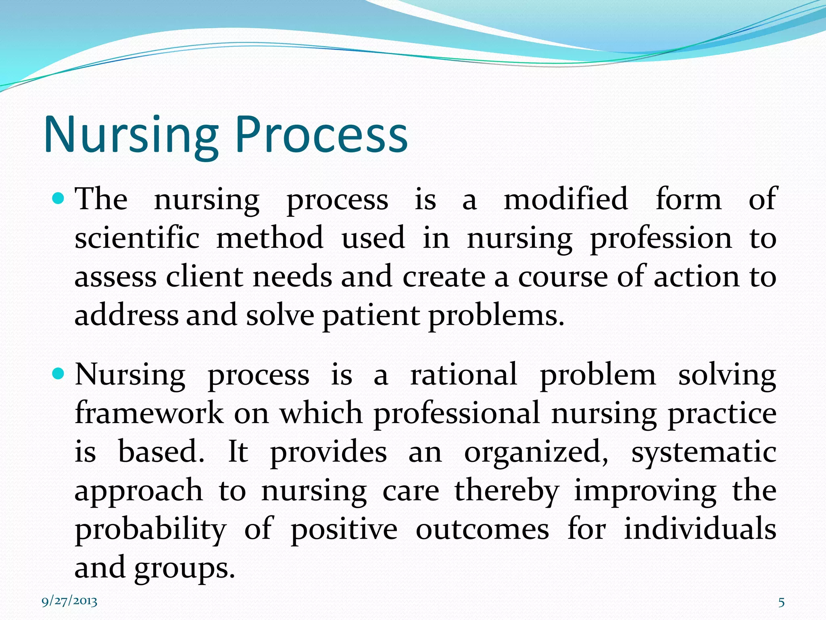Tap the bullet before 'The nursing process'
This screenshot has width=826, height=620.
(x=59, y=198)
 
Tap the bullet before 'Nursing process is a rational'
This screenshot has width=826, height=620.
(x=59, y=374)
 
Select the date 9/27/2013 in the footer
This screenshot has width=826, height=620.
(x=69, y=601)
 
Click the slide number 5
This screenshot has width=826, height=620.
(x=781, y=602)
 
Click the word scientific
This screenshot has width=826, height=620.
(x=137, y=238)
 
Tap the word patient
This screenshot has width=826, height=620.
(x=371, y=316)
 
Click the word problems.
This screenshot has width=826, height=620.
(x=496, y=316)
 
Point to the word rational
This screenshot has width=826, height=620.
(x=463, y=375)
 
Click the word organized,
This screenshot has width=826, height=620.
(x=536, y=452)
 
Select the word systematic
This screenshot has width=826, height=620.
(x=703, y=452)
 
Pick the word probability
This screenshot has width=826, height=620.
(x=150, y=530)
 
